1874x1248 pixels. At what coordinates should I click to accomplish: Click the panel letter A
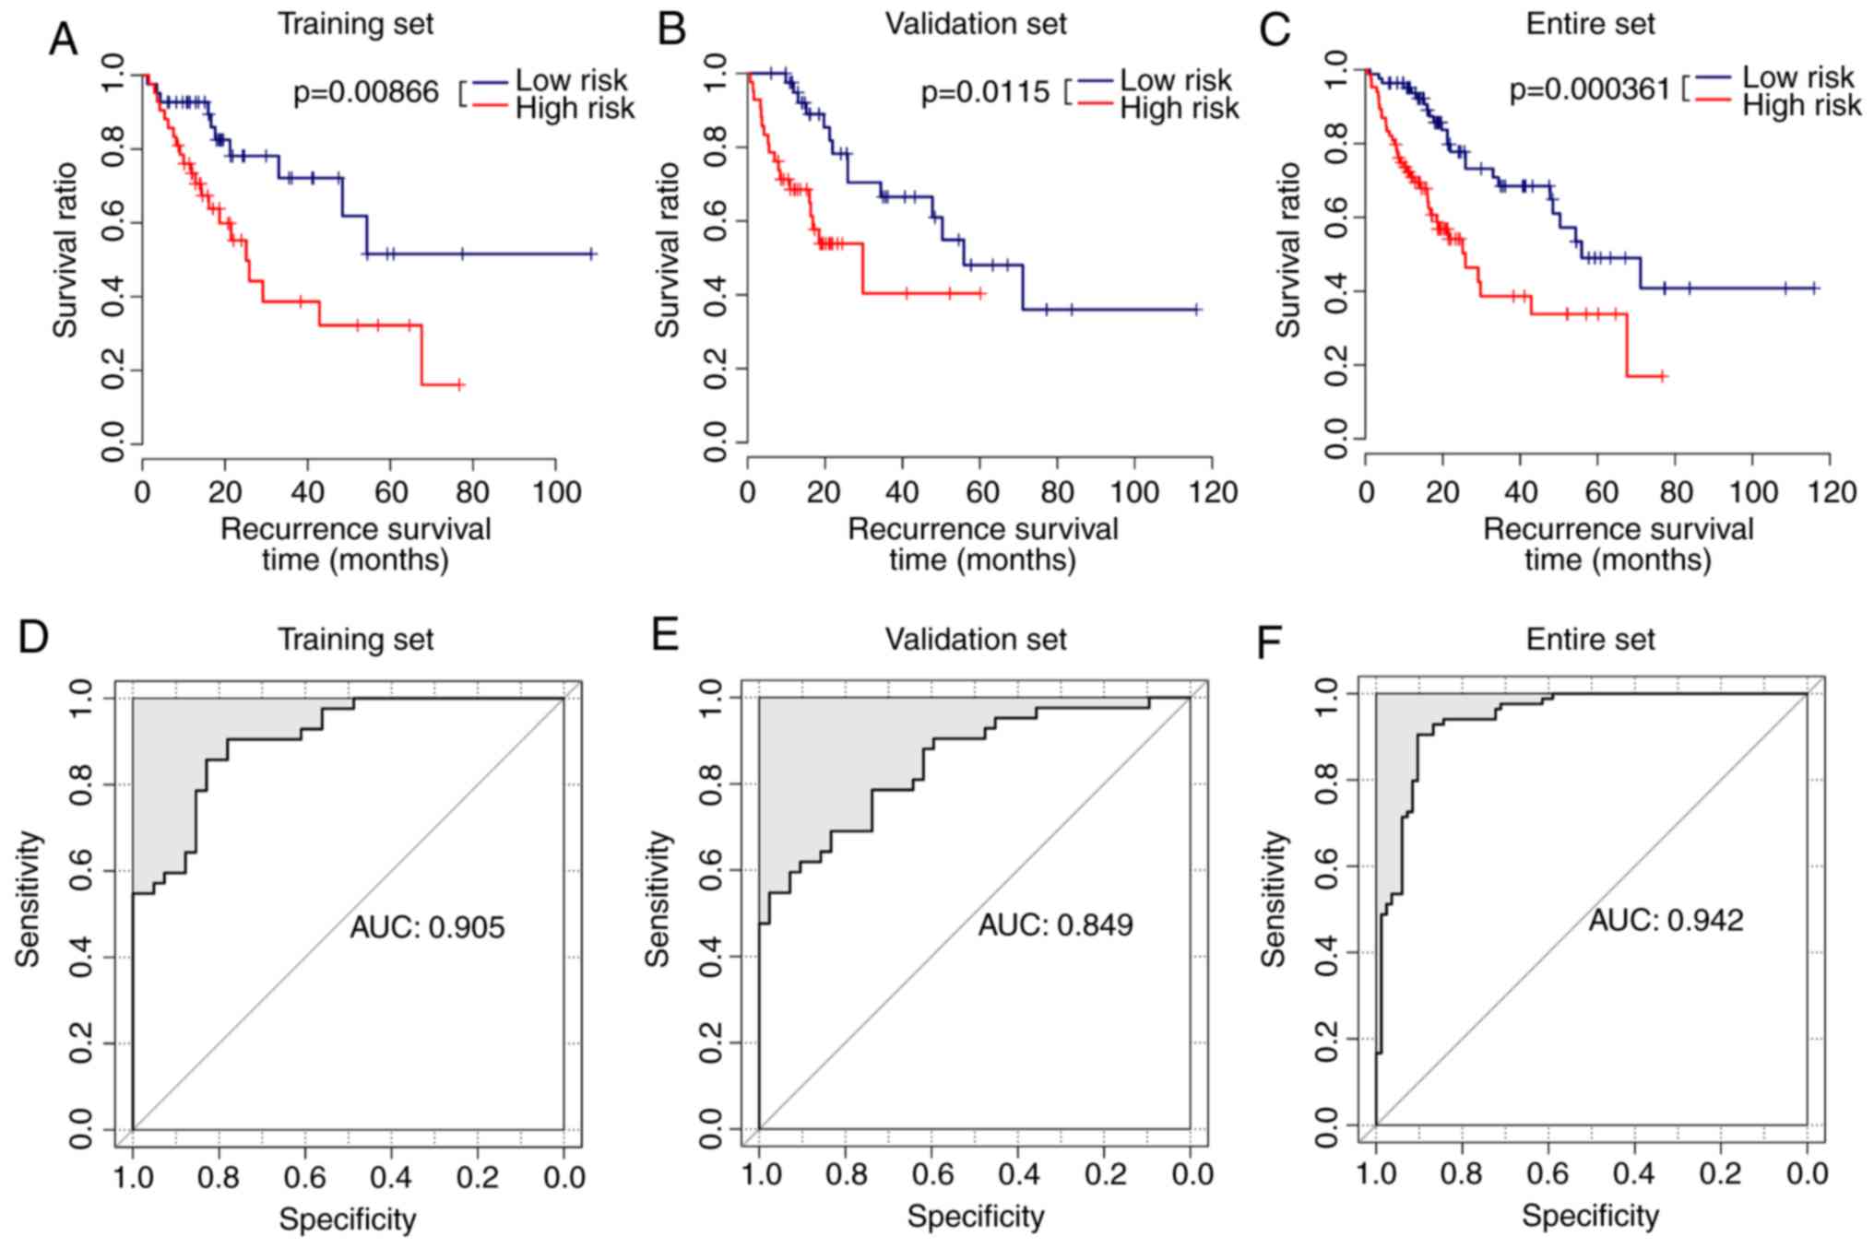pos(63,39)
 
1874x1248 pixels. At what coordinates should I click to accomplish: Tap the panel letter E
pos(666,636)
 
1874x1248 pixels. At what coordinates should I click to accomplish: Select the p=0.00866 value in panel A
pos(366,92)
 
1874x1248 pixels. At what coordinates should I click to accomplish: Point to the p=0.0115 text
pos(985,92)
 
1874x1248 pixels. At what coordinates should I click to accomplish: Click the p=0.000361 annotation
pos(1589,89)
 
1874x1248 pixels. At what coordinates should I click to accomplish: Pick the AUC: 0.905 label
pos(427,926)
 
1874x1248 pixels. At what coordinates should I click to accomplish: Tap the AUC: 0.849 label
pos(1055,924)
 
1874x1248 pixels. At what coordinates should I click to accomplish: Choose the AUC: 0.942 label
pos(1666,920)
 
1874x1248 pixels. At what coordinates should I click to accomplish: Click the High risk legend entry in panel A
pos(575,109)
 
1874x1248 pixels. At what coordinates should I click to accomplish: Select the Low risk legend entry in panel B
pos(1175,80)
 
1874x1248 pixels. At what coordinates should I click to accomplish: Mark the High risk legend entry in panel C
pos(1801,106)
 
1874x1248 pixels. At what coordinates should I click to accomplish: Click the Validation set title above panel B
pos(976,24)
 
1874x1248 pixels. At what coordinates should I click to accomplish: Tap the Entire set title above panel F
pos(1590,639)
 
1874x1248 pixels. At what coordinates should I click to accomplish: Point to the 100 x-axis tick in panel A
pos(556,491)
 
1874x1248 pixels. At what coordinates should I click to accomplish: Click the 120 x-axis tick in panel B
pos(1213,491)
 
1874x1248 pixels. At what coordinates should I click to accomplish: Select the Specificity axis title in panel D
pos(348,1219)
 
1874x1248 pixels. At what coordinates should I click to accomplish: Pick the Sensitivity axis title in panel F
pos(1273,899)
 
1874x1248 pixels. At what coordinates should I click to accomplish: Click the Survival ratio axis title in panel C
pos(1287,250)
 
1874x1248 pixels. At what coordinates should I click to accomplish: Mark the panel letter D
pos(33,637)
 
